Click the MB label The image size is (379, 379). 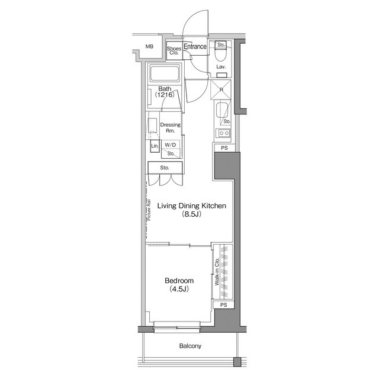pyautogui.click(x=150, y=46)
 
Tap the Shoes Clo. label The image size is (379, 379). pyautogui.click(x=174, y=50)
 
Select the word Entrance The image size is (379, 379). pyautogui.click(x=195, y=46)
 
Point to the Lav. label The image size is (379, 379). pyautogui.click(x=221, y=68)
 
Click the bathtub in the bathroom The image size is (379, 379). pyautogui.click(x=165, y=75)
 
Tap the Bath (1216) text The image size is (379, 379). pyautogui.click(x=164, y=91)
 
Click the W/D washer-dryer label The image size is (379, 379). pyautogui.click(x=170, y=144)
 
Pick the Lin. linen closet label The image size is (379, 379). pyautogui.click(x=154, y=146)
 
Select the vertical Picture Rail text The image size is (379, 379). pyautogui.click(x=149, y=210)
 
